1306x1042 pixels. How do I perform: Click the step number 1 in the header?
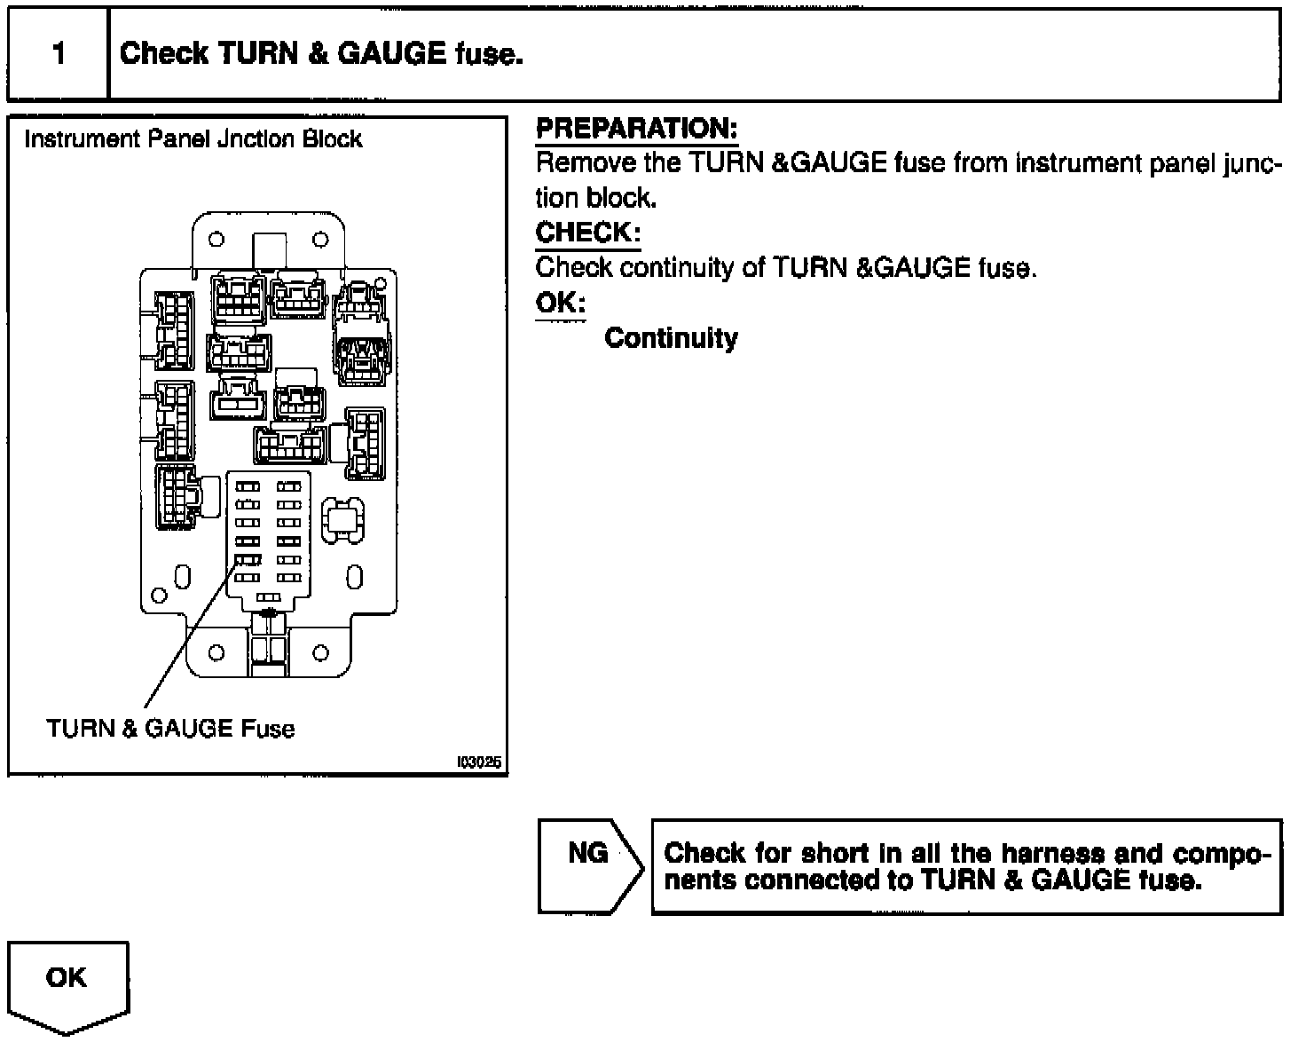coord(59,54)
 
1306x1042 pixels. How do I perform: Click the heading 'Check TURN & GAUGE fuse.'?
coord(321,54)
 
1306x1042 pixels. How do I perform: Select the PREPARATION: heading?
coord(636,130)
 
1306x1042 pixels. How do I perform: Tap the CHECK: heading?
coord(587,233)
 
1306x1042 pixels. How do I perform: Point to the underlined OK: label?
coord(560,304)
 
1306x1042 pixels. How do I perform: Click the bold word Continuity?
coord(671,338)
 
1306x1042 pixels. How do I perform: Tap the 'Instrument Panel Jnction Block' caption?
coord(193,139)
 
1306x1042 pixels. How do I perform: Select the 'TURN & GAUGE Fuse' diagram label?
coord(170,729)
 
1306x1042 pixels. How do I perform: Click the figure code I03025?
coord(479,762)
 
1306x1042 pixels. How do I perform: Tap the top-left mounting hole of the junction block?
coord(216,239)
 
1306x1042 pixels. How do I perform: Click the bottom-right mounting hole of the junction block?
coord(321,653)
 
